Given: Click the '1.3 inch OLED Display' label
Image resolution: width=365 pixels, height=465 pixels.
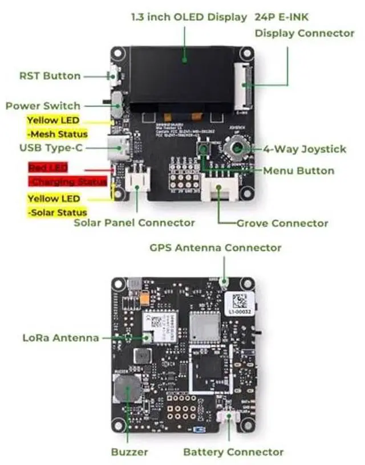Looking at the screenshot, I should [x=189, y=17].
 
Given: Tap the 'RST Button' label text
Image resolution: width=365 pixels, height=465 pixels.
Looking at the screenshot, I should [x=50, y=76].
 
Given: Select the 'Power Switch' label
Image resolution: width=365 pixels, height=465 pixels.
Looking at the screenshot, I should [x=43, y=106].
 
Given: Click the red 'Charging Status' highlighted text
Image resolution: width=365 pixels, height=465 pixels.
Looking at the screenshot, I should [x=68, y=181].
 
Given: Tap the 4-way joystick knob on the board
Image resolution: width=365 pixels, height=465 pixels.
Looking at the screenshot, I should [x=234, y=150].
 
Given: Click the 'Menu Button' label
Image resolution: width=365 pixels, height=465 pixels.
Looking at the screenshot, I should [x=298, y=170].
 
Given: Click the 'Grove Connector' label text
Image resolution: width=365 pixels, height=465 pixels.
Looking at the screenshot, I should [x=282, y=223].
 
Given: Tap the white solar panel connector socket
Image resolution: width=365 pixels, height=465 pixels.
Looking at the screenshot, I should [x=137, y=180].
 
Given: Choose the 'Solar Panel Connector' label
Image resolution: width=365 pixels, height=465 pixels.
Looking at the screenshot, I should [x=134, y=223].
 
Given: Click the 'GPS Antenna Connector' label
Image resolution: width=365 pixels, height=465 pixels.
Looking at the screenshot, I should [x=215, y=248].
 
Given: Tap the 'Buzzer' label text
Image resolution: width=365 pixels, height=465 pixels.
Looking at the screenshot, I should [x=129, y=452].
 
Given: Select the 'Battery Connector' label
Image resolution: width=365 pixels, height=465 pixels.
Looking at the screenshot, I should [x=233, y=452].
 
